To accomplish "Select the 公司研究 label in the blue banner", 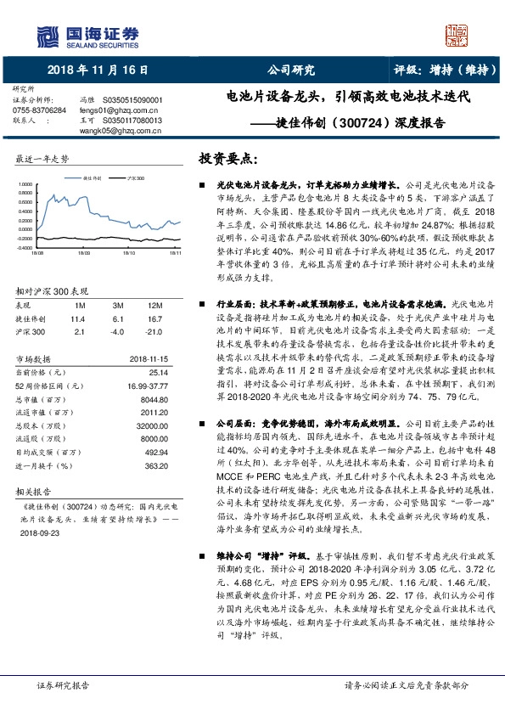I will point(290,70).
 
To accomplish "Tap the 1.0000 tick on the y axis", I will point(25,184).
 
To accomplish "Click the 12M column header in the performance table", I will point(154,305).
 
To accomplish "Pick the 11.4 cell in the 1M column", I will point(80,318).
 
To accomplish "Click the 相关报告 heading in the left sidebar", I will point(36,491).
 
